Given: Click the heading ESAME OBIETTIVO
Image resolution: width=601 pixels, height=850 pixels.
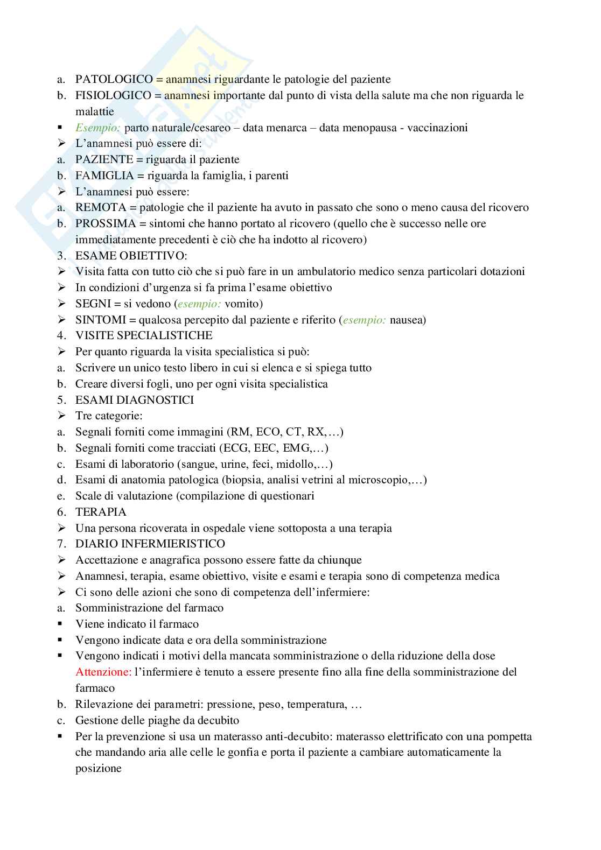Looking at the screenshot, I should [x=130, y=256].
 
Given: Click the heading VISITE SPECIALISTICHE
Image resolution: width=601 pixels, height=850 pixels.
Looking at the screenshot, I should [x=144, y=336].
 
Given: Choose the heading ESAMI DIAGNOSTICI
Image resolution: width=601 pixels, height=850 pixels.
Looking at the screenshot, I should [x=135, y=400].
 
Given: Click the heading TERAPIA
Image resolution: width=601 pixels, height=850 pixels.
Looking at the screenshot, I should [x=101, y=512].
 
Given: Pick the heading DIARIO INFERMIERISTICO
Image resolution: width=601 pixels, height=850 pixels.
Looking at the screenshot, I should [x=150, y=544].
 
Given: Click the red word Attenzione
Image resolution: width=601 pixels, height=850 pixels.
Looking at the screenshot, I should [x=103, y=672].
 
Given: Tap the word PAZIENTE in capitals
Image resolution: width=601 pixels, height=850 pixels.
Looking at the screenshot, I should [x=104, y=159].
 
